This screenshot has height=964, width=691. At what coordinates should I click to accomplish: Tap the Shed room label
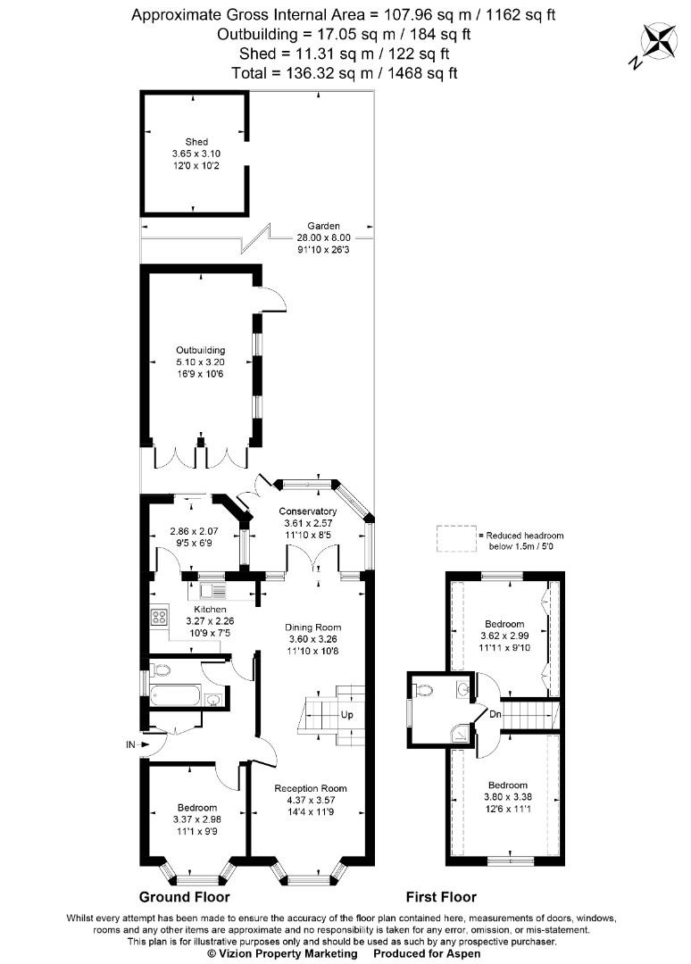pyautogui.click(x=196, y=141)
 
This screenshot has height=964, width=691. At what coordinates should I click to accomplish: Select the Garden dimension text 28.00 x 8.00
pyautogui.click(x=323, y=237)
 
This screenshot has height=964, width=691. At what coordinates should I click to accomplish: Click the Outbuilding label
pyautogui.click(x=200, y=351)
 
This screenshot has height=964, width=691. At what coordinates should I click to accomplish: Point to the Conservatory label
pyautogui.click(x=307, y=511)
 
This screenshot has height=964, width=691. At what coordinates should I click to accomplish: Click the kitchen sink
pyautogui.click(x=212, y=591)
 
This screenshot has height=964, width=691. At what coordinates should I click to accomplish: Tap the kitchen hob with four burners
pyautogui.click(x=159, y=616)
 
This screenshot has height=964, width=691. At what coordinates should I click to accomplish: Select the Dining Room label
pyautogui.click(x=313, y=627)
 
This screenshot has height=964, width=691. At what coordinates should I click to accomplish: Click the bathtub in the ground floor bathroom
pyautogui.click(x=175, y=696)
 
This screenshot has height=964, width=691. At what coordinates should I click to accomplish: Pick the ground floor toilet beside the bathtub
pyautogui.click(x=161, y=669)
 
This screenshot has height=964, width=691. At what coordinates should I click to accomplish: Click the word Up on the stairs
pyautogui.click(x=346, y=715)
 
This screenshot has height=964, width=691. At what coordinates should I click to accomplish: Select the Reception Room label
pyautogui.click(x=311, y=788)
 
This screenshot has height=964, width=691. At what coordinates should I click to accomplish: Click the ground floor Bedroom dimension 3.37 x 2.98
pyautogui.click(x=197, y=819)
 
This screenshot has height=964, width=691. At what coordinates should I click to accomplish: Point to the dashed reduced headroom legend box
pyautogui.click(x=456, y=539)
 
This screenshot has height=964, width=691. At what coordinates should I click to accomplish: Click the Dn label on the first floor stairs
pyautogui.click(x=495, y=714)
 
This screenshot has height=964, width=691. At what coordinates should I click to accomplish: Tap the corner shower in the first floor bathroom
pyautogui.click(x=459, y=732)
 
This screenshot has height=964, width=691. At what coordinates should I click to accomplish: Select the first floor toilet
pyautogui.click(x=422, y=691)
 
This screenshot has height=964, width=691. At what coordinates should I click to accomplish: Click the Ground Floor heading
pyautogui.click(x=185, y=896)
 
